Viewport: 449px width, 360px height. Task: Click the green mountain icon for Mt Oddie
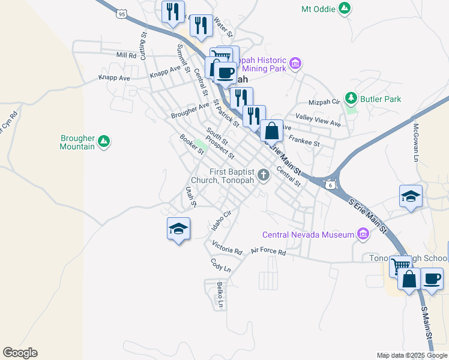click(x=344, y=9)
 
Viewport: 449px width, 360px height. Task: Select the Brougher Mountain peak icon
click(x=104, y=141)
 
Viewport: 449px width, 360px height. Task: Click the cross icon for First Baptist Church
click(x=262, y=175)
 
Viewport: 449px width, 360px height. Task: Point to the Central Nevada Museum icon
click(x=363, y=234)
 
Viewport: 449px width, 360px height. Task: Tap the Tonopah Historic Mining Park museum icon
click(x=295, y=64)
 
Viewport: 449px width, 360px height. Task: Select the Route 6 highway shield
click(x=330, y=185)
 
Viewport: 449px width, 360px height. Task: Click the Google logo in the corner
click(x=20, y=352)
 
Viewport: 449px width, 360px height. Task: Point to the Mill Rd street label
click(x=127, y=55)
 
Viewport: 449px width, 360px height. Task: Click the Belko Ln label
click(x=220, y=295)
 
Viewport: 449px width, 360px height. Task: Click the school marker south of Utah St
click(x=178, y=228)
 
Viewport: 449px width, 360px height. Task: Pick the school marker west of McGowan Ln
click(x=411, y=196)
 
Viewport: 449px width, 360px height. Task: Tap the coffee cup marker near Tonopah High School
click(x=432, y=278)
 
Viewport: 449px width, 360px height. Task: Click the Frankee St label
click(x=304, y=141)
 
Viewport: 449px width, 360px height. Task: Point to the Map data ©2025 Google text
click(x=412, y=355)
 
